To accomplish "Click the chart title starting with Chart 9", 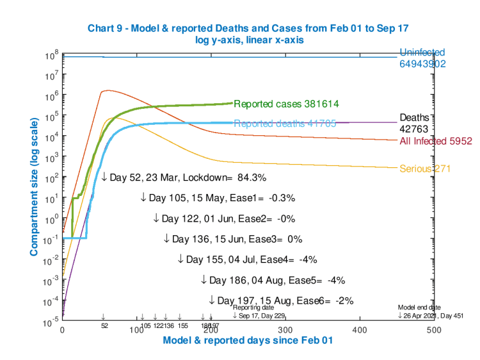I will click(248, 28).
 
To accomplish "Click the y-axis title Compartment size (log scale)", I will click(33, 188).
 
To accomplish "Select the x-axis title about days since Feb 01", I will click(248, 341).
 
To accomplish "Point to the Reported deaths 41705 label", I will click(285, 124).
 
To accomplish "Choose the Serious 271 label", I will click(426, 169).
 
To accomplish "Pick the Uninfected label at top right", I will click(422, 52).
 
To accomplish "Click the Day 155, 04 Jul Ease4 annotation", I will click(246, 259).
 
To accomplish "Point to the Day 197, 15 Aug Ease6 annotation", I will click(281, 300).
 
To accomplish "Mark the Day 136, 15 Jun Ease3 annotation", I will click(232, 239).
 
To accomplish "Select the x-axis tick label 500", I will click(434, 330).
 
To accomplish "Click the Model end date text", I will click(419, 307).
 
